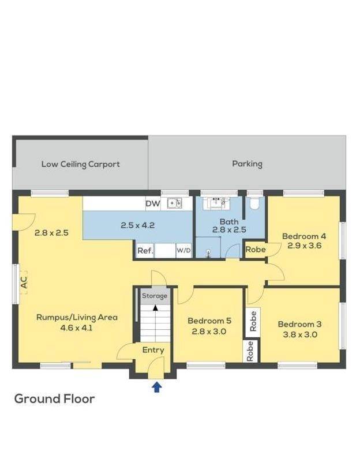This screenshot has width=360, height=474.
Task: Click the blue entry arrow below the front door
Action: [156, 387]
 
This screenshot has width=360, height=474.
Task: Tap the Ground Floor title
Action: [54, 398]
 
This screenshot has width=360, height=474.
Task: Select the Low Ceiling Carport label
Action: [80, 164]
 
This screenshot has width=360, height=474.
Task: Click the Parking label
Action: [247, 164]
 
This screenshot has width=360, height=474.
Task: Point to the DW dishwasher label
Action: [153, 204]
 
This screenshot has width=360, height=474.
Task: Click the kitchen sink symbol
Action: [175, 203]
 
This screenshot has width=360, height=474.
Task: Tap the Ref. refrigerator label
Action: [145, 251]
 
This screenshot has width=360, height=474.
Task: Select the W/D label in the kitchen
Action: [183, 251]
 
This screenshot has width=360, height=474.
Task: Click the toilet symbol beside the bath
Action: [255, 204]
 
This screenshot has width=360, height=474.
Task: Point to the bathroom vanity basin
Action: [216, 203]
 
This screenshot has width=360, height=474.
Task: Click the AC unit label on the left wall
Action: [24, 283]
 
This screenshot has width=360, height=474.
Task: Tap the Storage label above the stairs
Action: [155, 296]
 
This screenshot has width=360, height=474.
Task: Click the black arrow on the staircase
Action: [156, 308]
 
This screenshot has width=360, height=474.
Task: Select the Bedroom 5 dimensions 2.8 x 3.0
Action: [209, 332]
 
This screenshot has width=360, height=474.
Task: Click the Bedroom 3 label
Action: [299, 325]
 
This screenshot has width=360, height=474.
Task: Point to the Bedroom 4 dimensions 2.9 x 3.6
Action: [305, 246]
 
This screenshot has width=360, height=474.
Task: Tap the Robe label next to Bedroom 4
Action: [256, 249]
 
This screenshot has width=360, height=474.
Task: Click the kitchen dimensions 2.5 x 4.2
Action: [138, 225]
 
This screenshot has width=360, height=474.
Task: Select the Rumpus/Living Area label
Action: [77, 317]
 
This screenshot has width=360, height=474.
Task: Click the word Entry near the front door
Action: [153, 350]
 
